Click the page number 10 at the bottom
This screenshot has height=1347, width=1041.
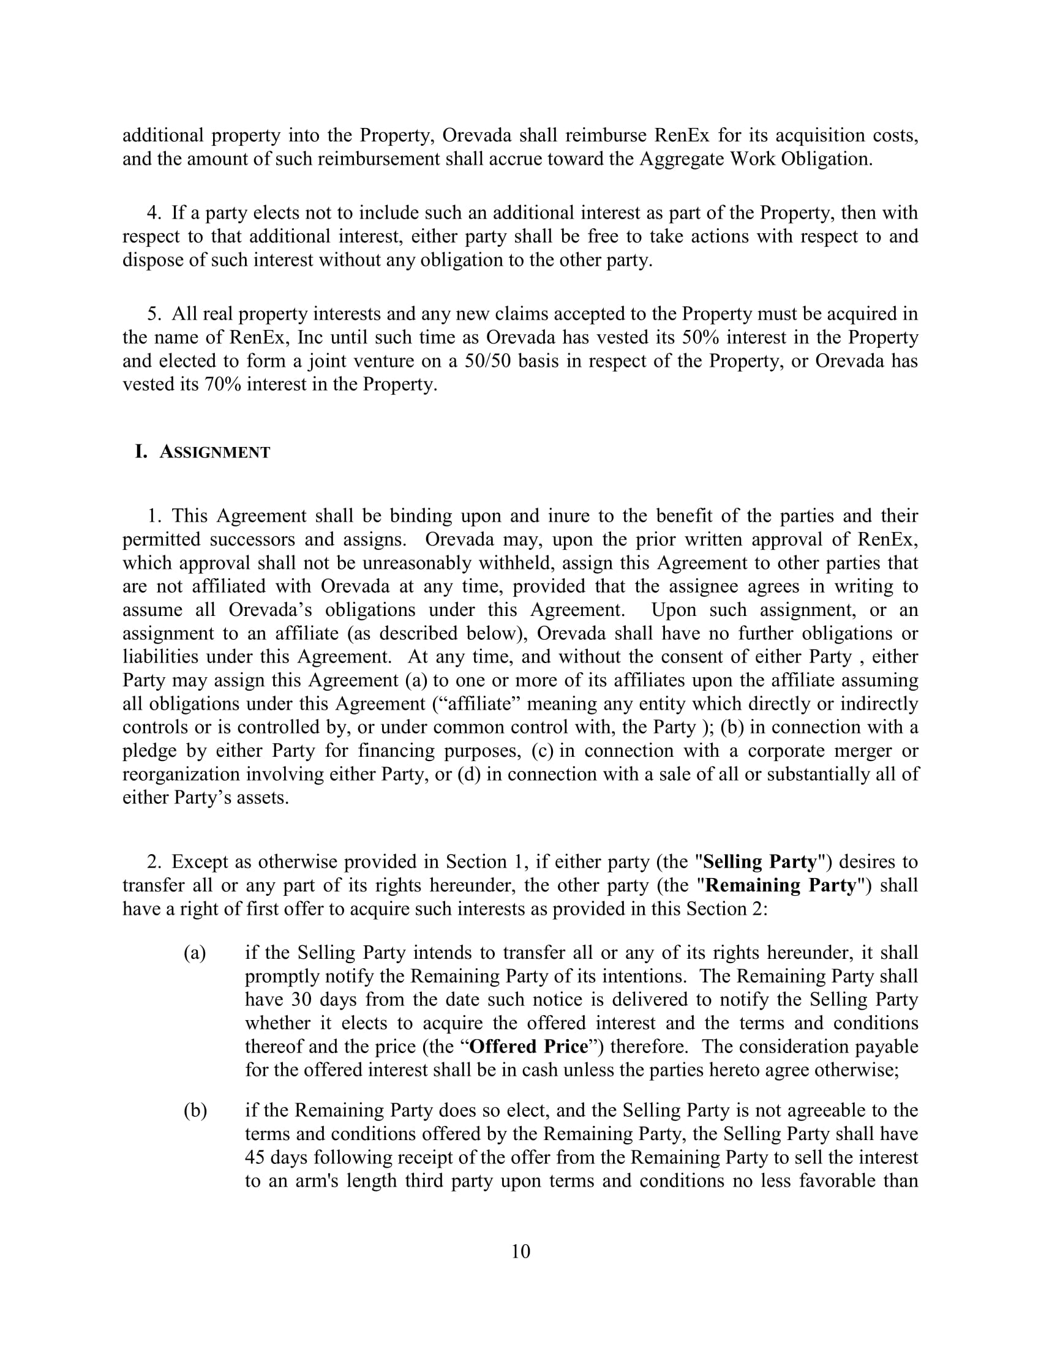click(520, 1251)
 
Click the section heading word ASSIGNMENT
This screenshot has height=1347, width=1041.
click(214, 452)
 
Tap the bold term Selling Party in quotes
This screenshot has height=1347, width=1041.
click(760, 861)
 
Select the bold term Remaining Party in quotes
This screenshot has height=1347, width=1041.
click(781, 885)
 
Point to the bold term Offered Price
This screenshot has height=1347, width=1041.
click(528, 1046)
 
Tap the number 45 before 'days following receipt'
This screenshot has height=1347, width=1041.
click(255, 1158)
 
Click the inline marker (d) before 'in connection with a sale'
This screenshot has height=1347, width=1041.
click(468, 774)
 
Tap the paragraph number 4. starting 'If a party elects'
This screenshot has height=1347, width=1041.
click(154, 213)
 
